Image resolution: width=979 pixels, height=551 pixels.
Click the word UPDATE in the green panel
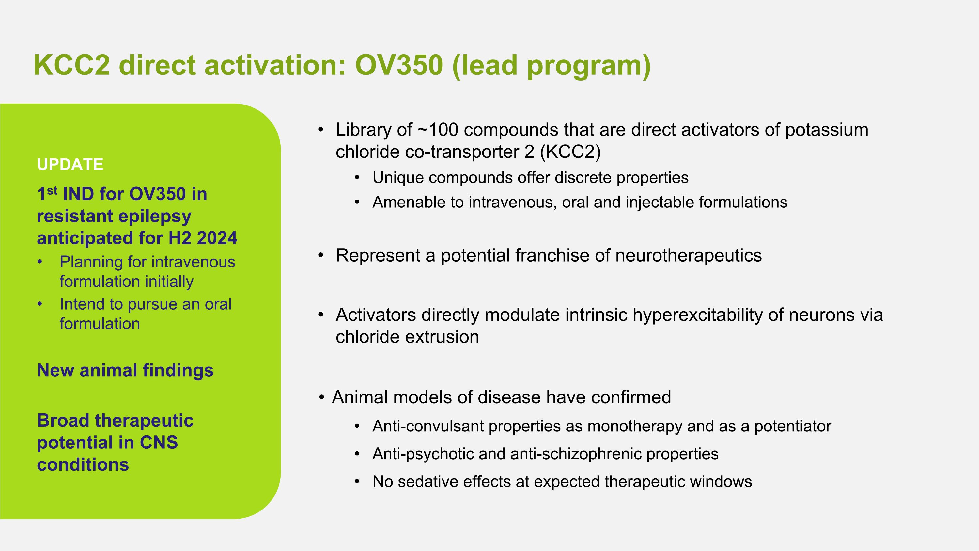(70, 164)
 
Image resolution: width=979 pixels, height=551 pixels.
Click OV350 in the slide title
(399, 65)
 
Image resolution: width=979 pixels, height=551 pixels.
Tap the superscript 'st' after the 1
(53, 190)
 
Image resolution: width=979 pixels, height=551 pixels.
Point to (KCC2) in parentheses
(570, 152)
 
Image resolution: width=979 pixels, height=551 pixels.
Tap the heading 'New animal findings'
(125, 370)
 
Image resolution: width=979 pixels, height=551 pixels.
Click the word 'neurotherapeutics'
(688, 255)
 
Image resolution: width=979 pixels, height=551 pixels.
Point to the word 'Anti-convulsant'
(428, 426)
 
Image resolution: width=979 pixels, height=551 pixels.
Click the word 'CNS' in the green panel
(159, 443)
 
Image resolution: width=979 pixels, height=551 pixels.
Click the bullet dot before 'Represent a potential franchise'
(321, 255)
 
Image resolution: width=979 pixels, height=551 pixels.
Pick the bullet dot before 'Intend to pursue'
(39, 304)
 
